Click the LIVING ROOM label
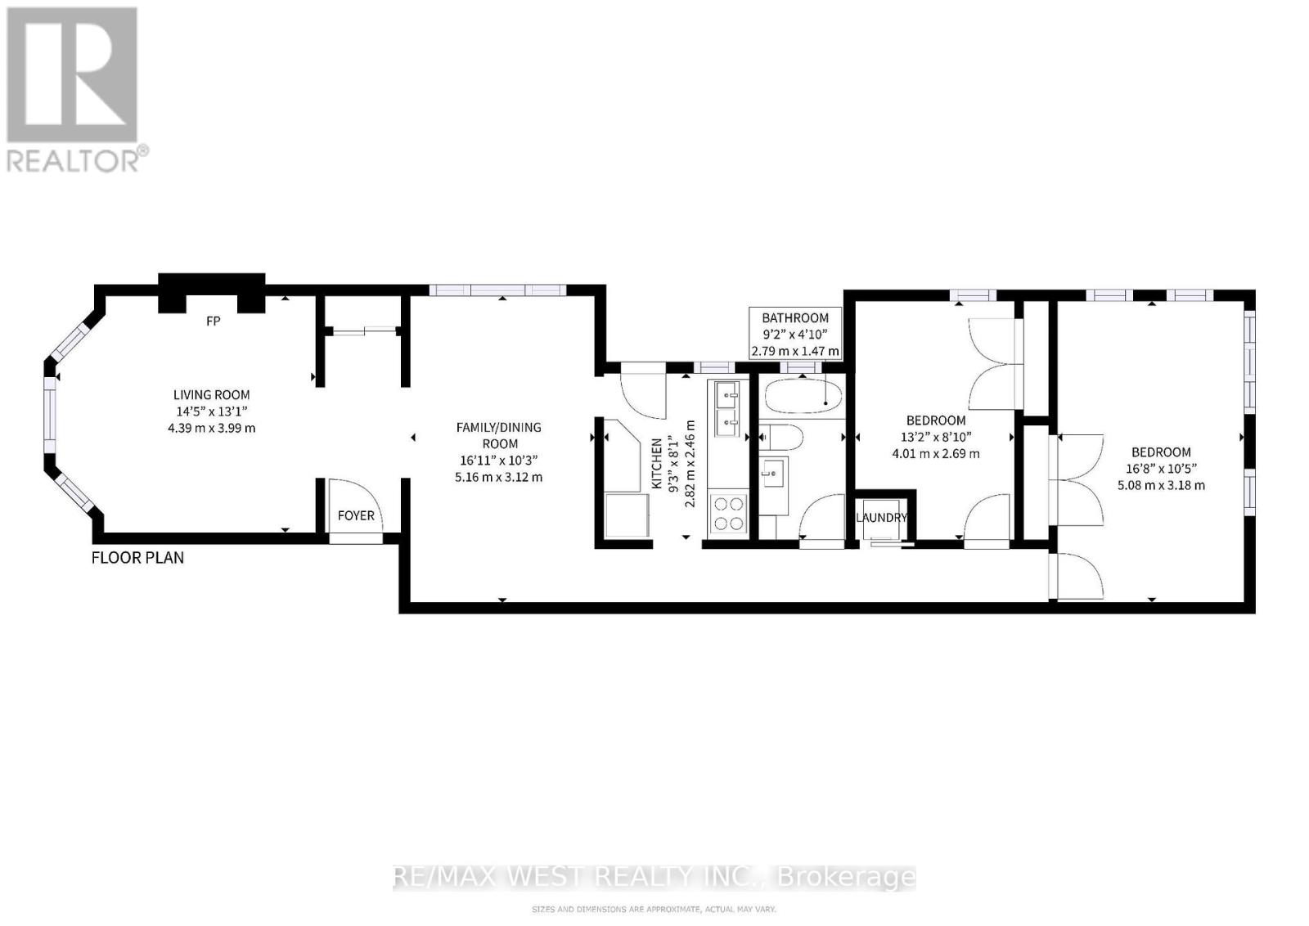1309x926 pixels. click(211, 395)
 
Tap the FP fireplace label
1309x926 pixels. click(213, 321)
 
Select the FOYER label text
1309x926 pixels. click(356, 515)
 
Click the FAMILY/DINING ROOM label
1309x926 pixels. click(498, 435)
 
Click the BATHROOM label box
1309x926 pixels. click(794, 334)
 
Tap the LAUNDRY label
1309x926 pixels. click(881, 518)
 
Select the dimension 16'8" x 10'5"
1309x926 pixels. click(1161, 469)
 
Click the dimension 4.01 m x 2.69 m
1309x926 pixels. click(936, 453)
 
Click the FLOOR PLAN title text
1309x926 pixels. click(137, 558)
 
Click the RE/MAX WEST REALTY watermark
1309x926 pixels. click(654, 877)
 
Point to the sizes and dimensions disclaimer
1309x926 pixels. click(654, 909)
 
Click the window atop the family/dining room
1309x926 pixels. click(497, 290)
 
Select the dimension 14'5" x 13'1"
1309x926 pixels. click(211, 411)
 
